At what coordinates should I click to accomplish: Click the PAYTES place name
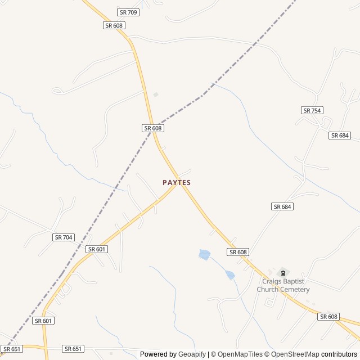click(x=177, y=182)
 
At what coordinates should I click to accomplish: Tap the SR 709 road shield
click(x=128, y=12)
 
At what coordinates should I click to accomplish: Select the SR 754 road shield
click(x=312, y=110)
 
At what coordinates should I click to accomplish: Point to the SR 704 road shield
click(x=64, y=237)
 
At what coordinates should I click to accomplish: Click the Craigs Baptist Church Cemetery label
click(x=283, y=286)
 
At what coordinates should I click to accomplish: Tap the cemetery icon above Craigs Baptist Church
click(x=283, y=273)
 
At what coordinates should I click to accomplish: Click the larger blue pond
click(x=204, y=255)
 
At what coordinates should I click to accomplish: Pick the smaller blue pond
click(x=229, y=275)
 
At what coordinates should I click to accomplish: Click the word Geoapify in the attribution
click(x=192, y=354)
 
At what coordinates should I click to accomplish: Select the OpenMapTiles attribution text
click(x=240, y=354)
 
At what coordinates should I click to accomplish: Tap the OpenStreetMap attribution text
click(x=292, y=354)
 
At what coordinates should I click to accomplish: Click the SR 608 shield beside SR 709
click(x=114, y=25)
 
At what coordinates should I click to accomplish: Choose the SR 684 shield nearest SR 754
click(x=340, y=136)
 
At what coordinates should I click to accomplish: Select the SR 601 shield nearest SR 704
click(x=97, y=249)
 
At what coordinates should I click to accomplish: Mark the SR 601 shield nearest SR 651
click(x=43, y=321)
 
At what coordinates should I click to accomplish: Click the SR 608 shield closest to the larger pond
click(x=238, y=252)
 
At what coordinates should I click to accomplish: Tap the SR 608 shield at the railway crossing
click(x=152, y=128)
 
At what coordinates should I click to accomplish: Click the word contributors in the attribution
click(x=339, y=354)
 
